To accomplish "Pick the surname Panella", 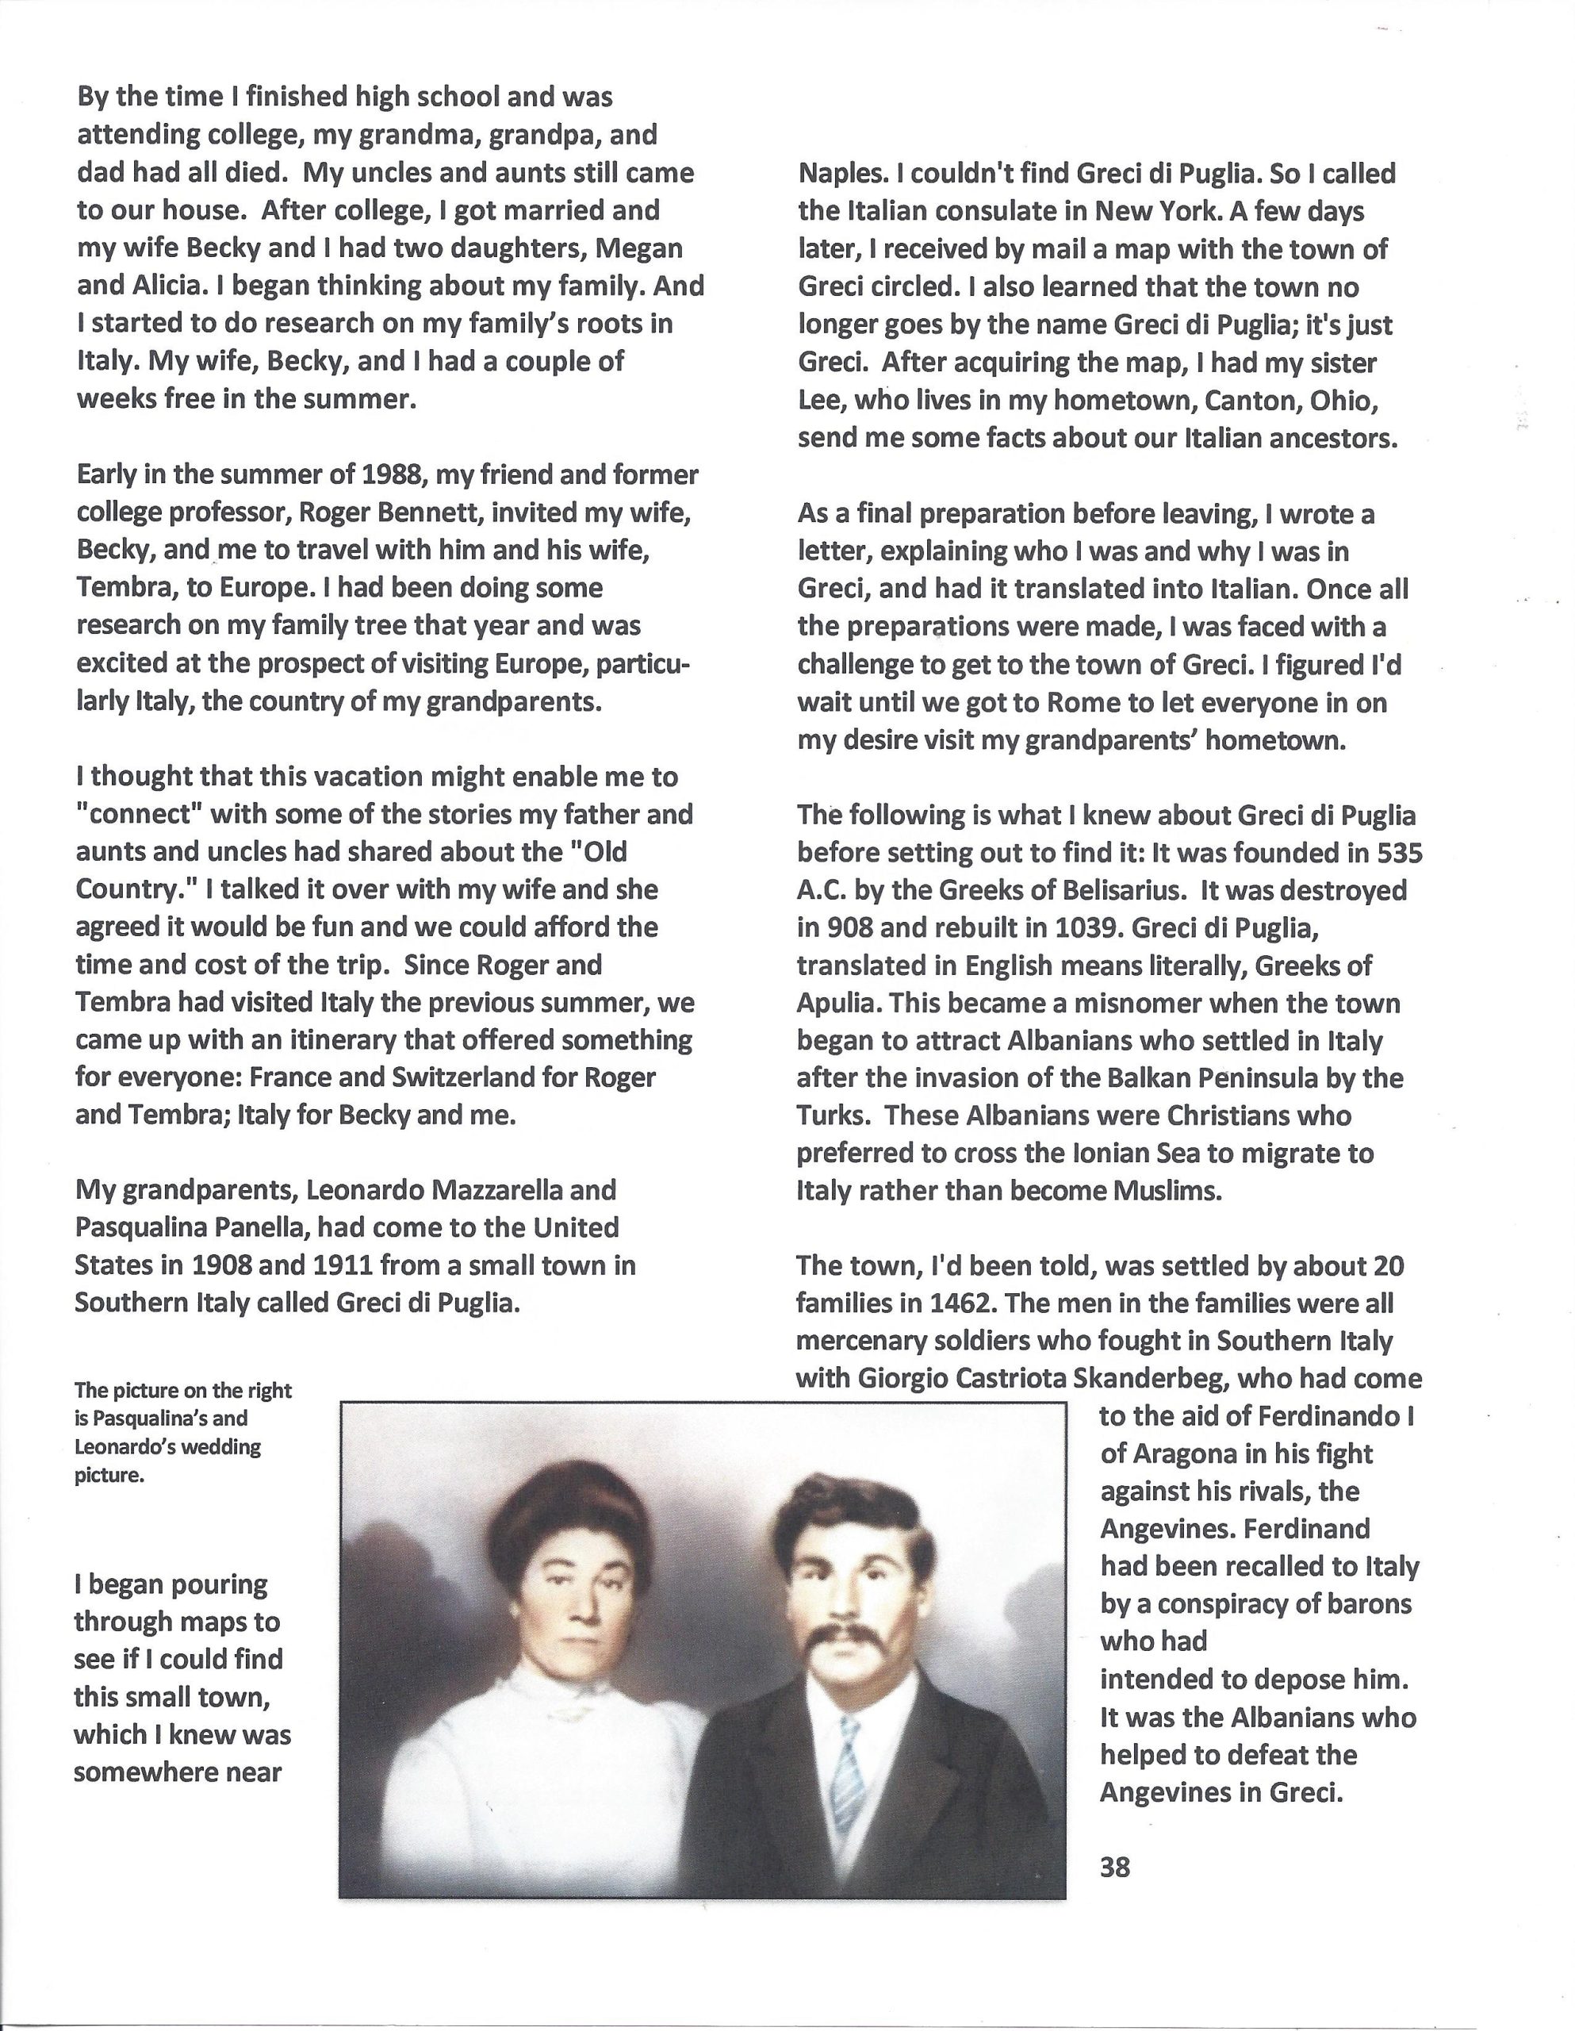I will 259,1228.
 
